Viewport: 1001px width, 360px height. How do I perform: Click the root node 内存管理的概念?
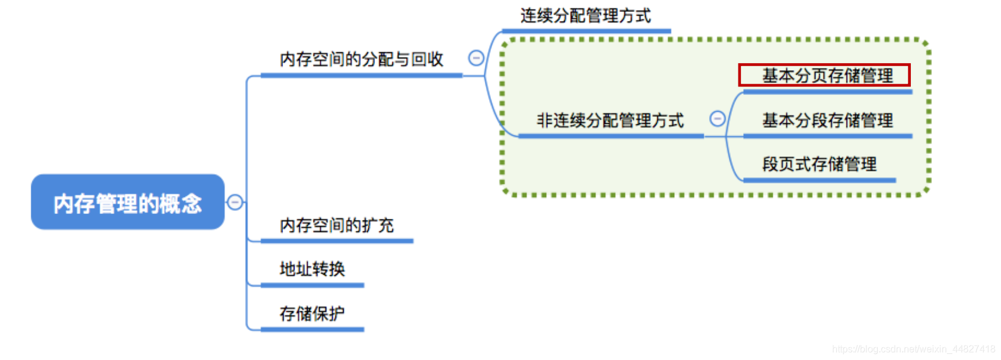(127, 203)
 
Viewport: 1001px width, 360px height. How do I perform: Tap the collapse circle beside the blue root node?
(235, 202)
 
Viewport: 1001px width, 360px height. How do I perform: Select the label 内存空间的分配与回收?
(361, 59)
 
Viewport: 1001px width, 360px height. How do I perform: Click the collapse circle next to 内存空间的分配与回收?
(476, 58)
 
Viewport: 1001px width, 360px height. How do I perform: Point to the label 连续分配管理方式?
(585, 16)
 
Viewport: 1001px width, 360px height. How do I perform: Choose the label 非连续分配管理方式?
(610, 120)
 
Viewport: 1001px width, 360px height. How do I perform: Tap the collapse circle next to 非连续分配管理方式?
(717, 119)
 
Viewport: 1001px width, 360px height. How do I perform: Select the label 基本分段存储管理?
(827, 120)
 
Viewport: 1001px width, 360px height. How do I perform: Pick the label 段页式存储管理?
(819, 164)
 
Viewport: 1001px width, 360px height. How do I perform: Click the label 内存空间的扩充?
(336, 225)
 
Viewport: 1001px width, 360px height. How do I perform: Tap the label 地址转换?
(312, 269)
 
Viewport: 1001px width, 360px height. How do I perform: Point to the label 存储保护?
(312, 313)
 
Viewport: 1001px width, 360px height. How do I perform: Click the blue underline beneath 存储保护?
(312, 329)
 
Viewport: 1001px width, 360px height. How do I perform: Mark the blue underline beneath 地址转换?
(312, 285)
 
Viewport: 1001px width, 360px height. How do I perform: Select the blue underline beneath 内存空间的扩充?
(336, 241)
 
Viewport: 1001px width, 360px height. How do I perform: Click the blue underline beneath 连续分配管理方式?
(586, 31)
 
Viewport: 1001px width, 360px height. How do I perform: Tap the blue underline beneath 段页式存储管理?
(819, 180)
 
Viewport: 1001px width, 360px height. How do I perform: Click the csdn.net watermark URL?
(913, 349)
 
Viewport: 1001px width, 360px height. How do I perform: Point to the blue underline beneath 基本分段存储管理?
(827, 136)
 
